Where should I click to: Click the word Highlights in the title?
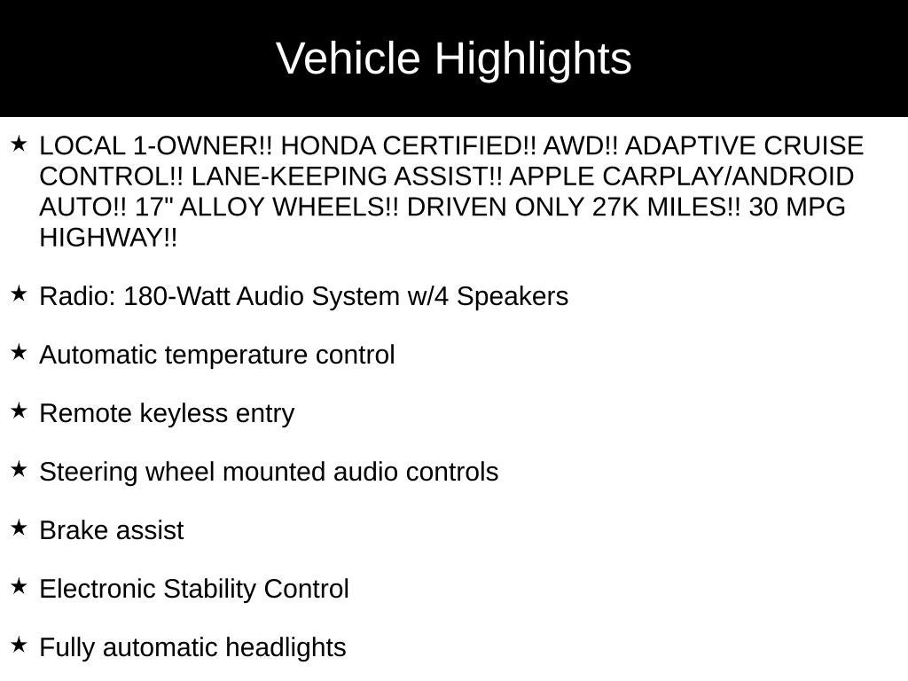[533, 59]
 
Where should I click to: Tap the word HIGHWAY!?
[108, 239]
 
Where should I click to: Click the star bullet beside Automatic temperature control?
[20, 353]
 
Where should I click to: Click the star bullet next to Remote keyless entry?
[20, 411]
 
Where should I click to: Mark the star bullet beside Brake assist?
[20, 528]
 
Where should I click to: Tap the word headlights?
[286, 647]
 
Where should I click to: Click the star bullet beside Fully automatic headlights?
[20, 646]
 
